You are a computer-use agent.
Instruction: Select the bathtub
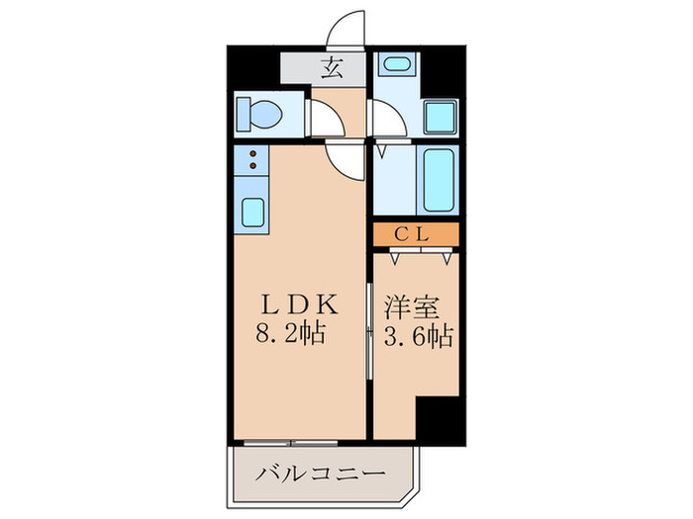437,180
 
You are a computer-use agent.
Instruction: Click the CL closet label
416,234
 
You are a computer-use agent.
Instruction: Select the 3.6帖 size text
416,335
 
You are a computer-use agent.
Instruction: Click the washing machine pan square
439,118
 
